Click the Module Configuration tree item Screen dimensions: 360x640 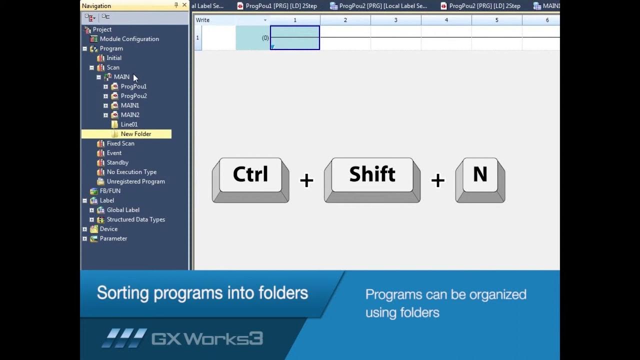(x=129, y=39)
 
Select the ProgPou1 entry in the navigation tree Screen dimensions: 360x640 (x=133, y=86)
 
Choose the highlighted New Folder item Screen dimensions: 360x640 (x=135, y=134)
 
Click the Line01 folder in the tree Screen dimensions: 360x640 (x=129, y=124)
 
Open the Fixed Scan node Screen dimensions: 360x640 (x=120, y=143)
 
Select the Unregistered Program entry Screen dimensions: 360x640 (x=135, y=181)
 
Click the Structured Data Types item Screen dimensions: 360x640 (x=135, y=219)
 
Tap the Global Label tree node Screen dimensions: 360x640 (x=123, y=210)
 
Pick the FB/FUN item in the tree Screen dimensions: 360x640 (x=109, y=191)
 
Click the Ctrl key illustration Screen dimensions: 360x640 (x=250, y=175)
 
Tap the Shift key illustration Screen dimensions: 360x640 (x=372, y=175)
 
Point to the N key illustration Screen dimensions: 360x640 (x=480, y=175)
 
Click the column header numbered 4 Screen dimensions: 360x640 (x=446, y=20)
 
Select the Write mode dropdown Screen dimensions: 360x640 (x=231, y=20)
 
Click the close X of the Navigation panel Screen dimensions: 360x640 (x=184, y=5)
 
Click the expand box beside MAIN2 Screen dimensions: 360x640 (x=105, y=115)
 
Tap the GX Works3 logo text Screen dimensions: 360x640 (x=207, y=338)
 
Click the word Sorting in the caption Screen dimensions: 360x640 (x=122, y=292)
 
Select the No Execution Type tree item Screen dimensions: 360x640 (x=131, y=172)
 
